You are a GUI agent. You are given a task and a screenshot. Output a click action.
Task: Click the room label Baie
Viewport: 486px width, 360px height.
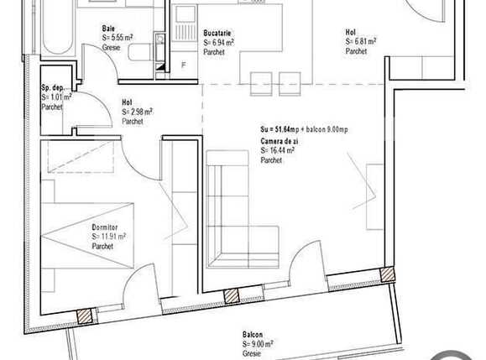(108, 29)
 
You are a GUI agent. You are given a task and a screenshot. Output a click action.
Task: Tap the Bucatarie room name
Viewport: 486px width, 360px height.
(217, 33)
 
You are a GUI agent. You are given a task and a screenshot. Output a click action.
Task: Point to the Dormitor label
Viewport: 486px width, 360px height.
(105, 227)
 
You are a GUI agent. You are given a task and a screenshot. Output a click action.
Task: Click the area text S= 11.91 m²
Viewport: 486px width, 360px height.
(108, 237)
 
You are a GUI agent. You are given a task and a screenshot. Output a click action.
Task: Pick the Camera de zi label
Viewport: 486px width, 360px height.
(280, 142)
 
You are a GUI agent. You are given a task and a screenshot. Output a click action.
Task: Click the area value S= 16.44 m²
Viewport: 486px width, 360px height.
(277, 151)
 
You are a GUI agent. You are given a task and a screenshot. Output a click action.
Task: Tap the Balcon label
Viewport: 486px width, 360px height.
(253, 335)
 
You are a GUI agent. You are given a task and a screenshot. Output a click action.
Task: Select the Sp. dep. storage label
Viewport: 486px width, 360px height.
(53, 87)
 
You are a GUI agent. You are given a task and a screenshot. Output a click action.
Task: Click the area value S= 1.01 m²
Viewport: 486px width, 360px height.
(56, 97)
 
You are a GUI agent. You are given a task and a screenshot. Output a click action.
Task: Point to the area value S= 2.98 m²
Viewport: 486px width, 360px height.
(137, 112)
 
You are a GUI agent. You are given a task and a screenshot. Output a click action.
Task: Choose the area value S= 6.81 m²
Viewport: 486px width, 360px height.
(361, 41)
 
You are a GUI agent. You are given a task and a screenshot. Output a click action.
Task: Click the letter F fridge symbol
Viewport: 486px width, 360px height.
(184, 65)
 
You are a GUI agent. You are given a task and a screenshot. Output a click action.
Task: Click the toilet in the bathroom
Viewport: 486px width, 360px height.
(140, 52)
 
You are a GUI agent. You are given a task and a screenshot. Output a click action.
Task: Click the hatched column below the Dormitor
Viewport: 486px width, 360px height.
(85, 316)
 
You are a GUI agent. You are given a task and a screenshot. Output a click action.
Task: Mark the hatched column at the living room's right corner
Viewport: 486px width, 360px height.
(388, 274)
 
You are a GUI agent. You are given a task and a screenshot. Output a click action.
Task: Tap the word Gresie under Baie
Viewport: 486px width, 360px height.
(111, 47)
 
